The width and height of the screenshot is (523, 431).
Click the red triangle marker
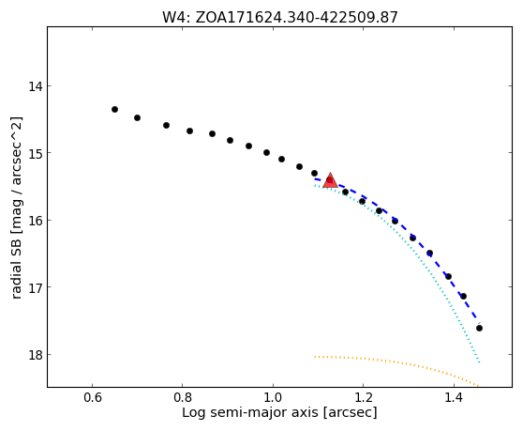click(330, 180)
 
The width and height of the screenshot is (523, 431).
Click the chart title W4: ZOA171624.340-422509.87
click(280, 18)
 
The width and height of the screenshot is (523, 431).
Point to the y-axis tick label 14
click(36, 86)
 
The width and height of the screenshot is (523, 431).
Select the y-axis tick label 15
click(36, 153)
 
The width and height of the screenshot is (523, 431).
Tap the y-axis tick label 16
click(36, 221)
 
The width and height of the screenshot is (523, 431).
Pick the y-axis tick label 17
click(36, 287)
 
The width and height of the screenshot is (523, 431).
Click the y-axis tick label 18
click(36, 355)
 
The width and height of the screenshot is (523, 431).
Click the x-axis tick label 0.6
click(93, 398)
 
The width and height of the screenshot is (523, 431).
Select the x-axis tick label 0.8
click(183, 398)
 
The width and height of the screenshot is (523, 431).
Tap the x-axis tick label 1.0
click(273, 398)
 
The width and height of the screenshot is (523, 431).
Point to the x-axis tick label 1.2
click(364, 398)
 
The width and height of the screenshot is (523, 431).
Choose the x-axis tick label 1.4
click(454, 398)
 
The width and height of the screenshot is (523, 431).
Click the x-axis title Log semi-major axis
click(250, 413)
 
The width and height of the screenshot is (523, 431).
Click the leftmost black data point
click(114, 109)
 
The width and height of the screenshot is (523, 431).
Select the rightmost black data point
click(479, 329)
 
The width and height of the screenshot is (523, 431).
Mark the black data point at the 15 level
click(266, 153)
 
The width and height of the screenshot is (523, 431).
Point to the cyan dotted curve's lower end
click(479, 362)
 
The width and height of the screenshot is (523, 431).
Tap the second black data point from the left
click(137, 117)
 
